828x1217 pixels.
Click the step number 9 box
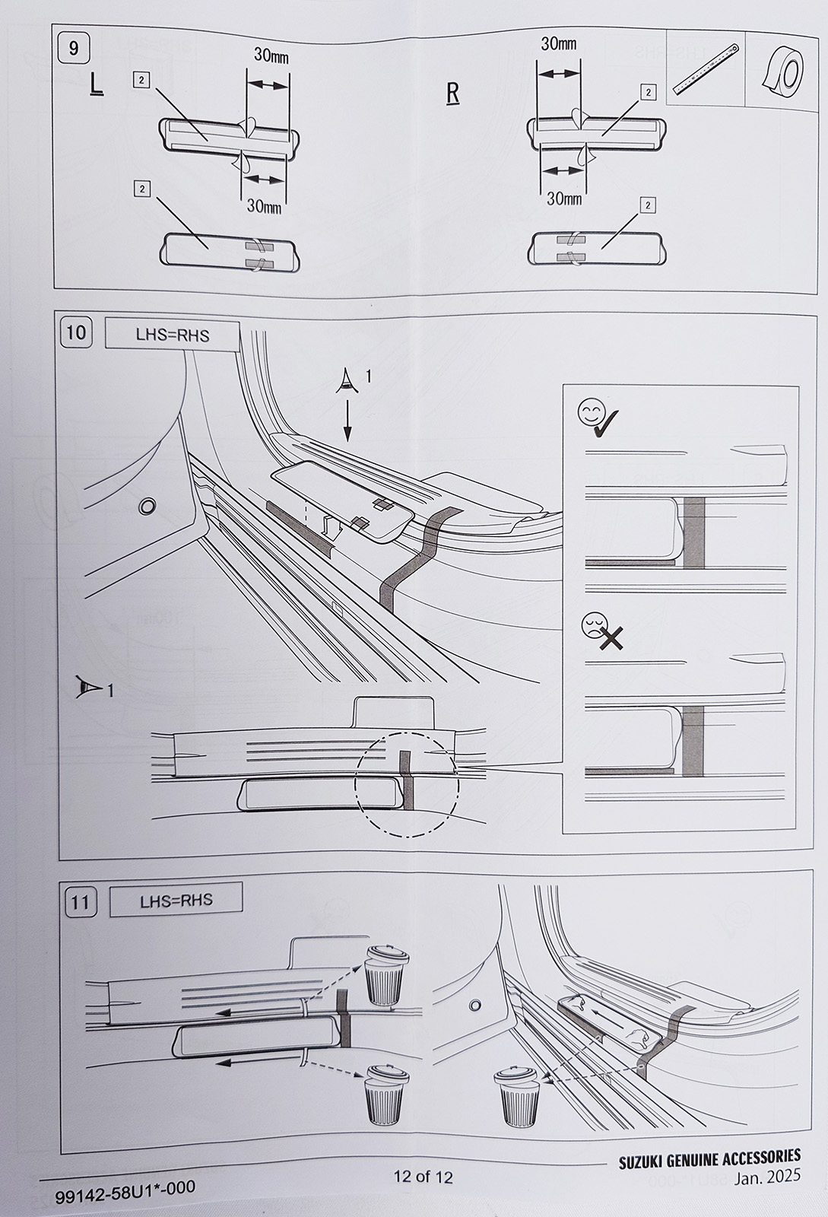74,49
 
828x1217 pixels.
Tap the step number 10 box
77,332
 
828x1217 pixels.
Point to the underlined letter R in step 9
452,94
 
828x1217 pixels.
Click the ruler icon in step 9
706,71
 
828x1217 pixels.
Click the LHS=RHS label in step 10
172,335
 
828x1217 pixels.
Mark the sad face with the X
602,631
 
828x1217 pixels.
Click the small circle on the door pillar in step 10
146,507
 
